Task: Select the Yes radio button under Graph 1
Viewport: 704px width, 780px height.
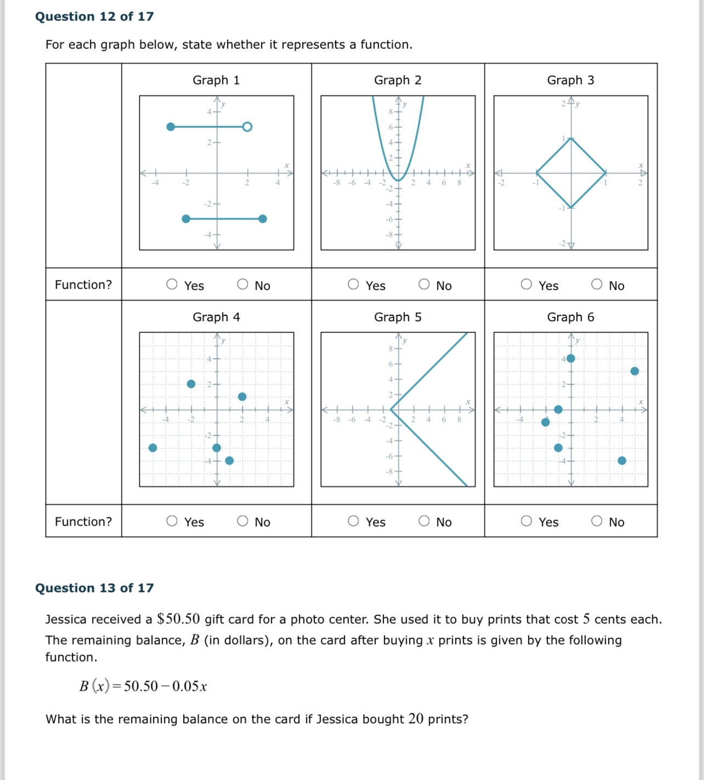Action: pyautogui.click(x=172, y=284)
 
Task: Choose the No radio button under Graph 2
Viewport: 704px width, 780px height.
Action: pyautogui.click(x=424, y=284)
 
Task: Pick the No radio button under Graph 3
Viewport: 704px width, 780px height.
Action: pyautogui.click(x=597, y=284)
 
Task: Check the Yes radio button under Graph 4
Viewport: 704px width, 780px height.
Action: pyautogui.click(x=172, y=521)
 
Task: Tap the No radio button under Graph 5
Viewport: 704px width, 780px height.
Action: pyautogui.click(x=424, y=521)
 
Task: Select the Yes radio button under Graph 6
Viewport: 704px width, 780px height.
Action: pyautogui.click(x=526, y=521)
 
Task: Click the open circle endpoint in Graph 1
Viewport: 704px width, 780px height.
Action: pyautogui.click(x=247, y=127)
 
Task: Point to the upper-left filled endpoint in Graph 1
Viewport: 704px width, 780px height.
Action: pyautogui.click(x=171, y=127)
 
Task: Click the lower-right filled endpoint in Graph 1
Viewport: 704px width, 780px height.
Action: pyautogui.click(x=263, y=219)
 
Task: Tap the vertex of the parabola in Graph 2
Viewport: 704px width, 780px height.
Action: pyautogui.click(x=399, y=180)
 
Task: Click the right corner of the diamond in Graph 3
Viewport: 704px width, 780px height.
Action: pyautogui.click(x=605, y=173)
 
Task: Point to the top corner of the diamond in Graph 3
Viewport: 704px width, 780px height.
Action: pyautogui.click(x=571, y=138)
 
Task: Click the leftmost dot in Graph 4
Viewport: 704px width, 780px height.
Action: pyautogui.click(x=153, y=448)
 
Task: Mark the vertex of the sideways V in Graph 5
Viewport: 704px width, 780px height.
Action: pyautogui.click(x=391, y=409)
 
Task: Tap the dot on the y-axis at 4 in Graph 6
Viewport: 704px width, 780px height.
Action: pyautogui.click(x=571, y=359)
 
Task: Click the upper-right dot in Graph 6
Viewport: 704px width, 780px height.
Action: pyautogui.click(x=634, y=371)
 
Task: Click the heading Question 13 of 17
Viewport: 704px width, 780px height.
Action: pyautogui.click(x=94, y=588)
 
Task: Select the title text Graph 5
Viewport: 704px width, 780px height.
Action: pyautogui.click(x=398, y=317)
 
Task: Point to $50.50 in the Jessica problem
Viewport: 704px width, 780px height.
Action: pyautogui.click(x=178, y=619)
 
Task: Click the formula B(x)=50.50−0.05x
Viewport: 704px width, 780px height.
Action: pyautogui.click(x=143, y=686)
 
